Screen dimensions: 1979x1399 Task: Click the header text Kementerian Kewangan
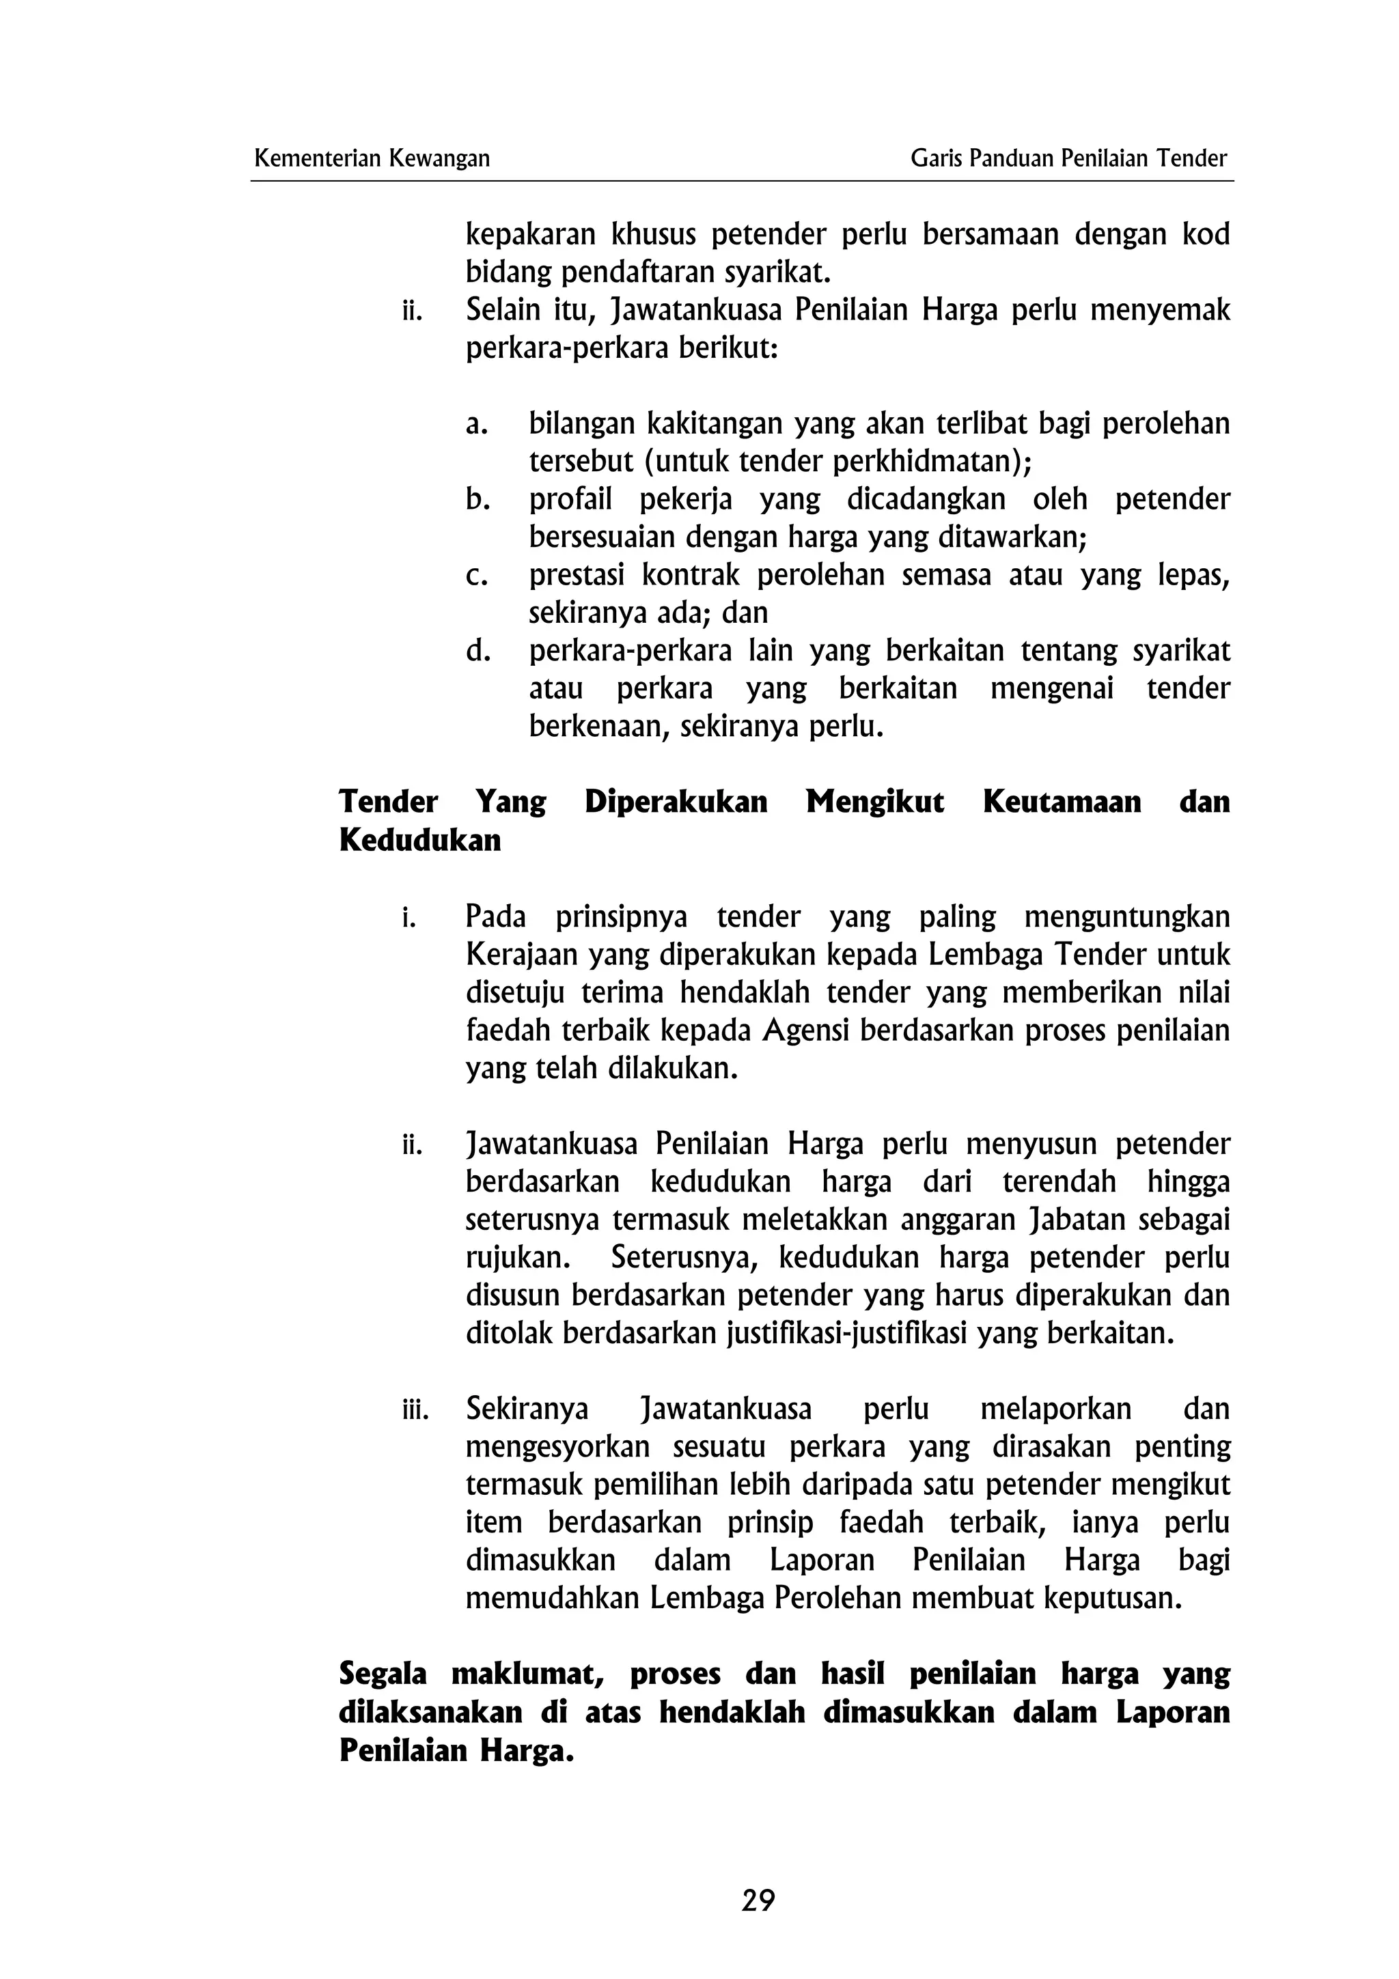click(x=372, y=158)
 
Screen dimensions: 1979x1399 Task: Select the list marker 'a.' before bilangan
click(x=477, y=424)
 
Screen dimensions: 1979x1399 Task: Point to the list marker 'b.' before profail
click(x=477, y=499)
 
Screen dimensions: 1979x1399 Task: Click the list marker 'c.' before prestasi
click(x=477, y=575)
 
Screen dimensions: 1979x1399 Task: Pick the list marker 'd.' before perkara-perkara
click(x=477, y=651)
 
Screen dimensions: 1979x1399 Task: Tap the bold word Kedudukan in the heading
click(x=420, y=841)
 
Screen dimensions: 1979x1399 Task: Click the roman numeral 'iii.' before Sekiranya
click(x=415, y=1410)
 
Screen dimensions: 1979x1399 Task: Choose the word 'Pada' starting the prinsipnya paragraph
click(x=496, y=916)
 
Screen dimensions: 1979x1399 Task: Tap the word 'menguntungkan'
click(x=1126, y=916)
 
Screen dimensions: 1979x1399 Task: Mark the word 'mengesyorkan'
click(x=557, y=1447)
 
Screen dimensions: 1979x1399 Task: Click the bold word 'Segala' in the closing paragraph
click(x=383, y=1674)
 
